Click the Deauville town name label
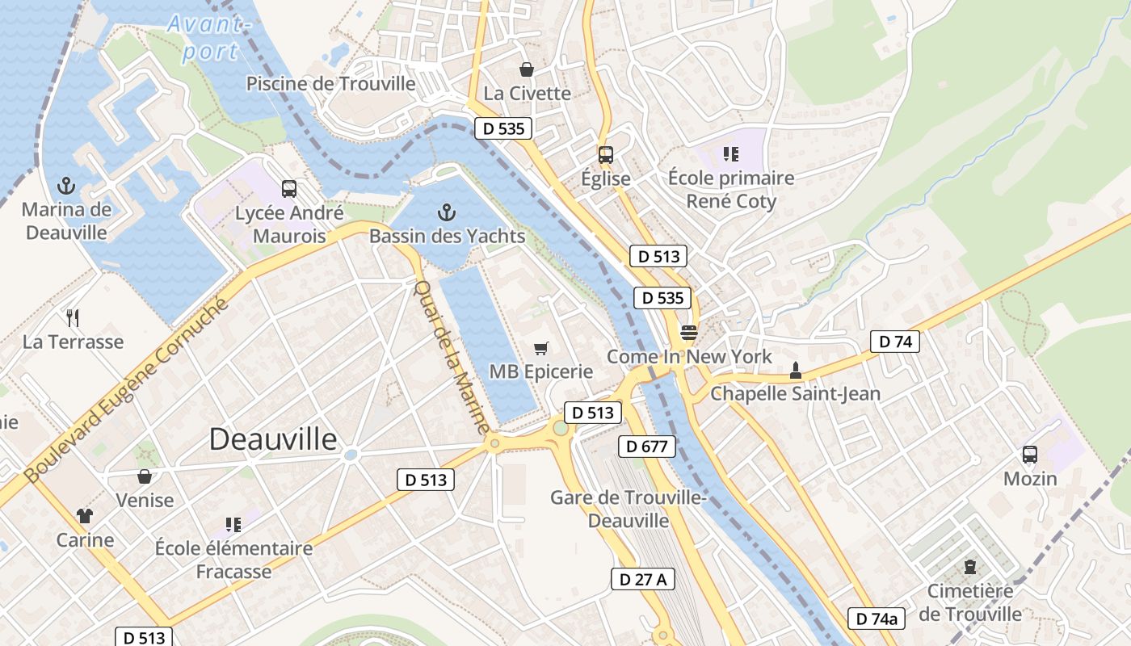pos(273,439)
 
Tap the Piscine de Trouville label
pos(331,84)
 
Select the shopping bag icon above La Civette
pos(527,70)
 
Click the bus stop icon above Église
pos(605,155)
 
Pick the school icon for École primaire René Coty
pos(731,153)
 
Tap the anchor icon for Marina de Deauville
pos(66,187)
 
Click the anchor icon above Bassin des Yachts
pos(447,213)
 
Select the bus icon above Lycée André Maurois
pos(288,189)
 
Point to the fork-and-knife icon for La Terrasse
pos(73,317)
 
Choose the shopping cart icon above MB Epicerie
pos(541,348)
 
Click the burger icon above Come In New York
pos(688,333)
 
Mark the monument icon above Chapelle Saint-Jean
pos(795,371)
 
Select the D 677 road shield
pos(646,447)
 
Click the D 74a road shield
pos(877,619)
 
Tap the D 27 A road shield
pos(642,579)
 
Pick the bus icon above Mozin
pos(1030,455)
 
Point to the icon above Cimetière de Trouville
pos(970,567)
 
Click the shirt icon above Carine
pos(85,515)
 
